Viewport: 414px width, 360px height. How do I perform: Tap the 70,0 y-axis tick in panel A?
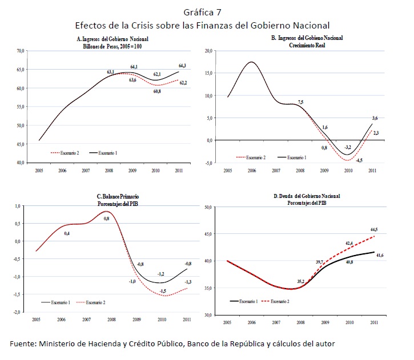click(19, 51)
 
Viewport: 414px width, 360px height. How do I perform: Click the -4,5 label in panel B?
click(360, 160)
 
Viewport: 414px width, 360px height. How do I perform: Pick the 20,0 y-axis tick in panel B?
click(208, 51)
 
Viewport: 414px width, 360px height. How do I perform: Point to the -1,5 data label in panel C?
click(162, 291)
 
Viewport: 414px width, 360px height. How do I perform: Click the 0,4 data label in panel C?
click(67, 233)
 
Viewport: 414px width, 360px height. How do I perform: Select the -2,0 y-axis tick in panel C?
click(18, 313)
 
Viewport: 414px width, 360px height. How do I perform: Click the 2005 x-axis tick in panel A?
click(38, 170)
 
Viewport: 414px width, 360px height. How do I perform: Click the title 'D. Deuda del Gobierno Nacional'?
click(306, 196)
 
